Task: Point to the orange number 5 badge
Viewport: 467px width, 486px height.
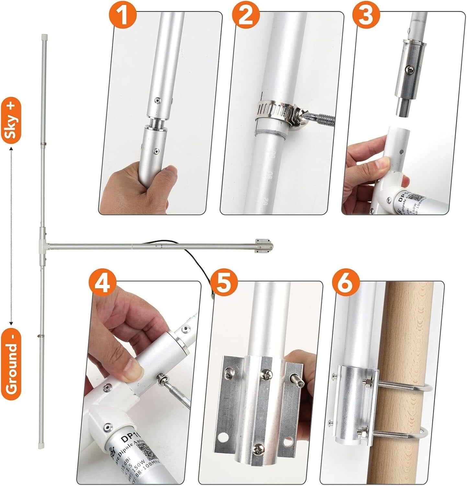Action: click(224, 284)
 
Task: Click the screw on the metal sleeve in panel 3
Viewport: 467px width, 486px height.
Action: click(409, 69)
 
